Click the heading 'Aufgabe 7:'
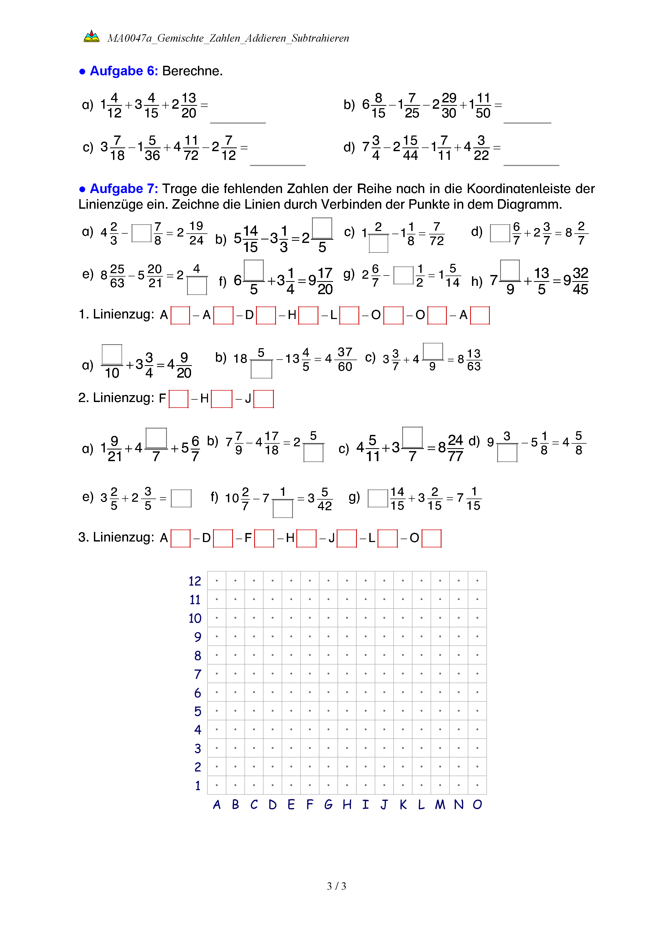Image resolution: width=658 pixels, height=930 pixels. point(124,189)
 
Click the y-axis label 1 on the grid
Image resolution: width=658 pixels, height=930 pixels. point(198,786)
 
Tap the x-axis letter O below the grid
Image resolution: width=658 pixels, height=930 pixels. point(477,804)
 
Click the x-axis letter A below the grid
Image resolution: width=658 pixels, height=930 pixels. point(217,804)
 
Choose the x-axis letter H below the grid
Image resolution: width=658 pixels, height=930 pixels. point(347,804)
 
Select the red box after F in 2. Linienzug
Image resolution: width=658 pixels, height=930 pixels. point(178,399)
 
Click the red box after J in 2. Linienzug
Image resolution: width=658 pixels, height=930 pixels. point(263,399)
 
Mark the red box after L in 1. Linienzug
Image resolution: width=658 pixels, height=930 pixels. point(349,316)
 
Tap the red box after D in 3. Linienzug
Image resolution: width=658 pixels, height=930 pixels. point(223,538)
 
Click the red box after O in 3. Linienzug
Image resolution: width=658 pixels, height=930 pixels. point(431,538)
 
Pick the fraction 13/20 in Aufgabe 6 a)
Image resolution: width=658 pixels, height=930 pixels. point(189,105)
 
